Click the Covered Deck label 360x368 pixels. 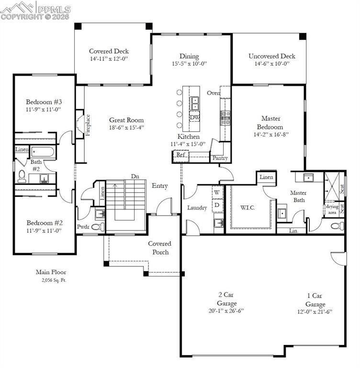(x=109, y=51)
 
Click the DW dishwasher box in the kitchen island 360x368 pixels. (x=194, y=117)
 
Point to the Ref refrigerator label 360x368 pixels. (x=180, y=155)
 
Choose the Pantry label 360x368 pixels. (x=220, y=158)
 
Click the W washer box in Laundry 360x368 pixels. (x=217, y=192)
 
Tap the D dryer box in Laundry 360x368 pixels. (x=217, y=205)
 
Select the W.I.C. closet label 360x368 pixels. (x=248, y=207)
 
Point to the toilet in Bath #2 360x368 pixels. (x=22, y=177)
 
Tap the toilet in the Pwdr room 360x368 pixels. (x=97, y=227)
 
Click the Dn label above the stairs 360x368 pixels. (x=135, y=176)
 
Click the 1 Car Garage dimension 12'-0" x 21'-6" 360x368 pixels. (x=315, y=311)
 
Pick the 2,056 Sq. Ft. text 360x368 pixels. (x=54, y=280)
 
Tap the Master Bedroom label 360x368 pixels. (x=271, y=123)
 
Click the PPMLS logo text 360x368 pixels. (x=53, y=9)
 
